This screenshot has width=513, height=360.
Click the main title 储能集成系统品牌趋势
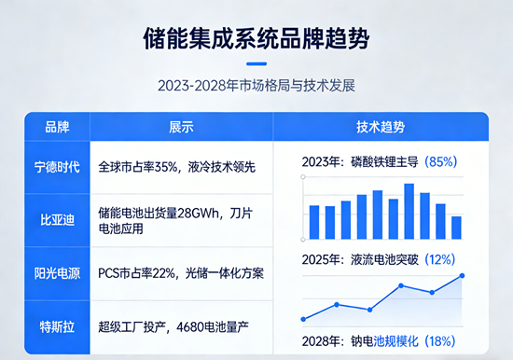pos(256,40)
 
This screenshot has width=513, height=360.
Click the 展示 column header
pos(181,127)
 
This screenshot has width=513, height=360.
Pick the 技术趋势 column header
pos(381,127)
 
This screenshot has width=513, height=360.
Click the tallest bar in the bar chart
pos(409,211)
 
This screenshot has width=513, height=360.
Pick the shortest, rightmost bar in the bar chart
pos(456,227)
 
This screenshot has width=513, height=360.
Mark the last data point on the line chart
pos(463,276)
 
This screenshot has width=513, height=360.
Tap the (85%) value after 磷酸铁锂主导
pos(440,161)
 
